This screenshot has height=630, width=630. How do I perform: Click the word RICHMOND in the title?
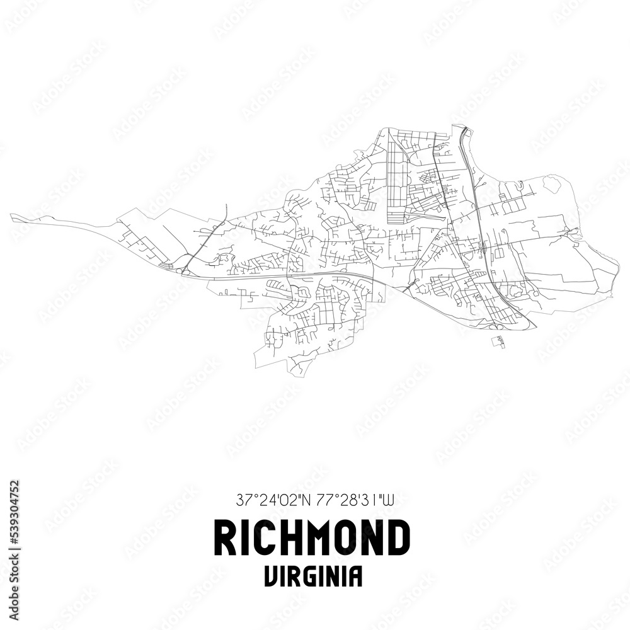312,538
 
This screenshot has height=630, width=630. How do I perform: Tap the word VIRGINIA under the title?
313,576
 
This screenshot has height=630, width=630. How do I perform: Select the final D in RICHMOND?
399,538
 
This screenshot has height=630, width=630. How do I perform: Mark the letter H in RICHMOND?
290,538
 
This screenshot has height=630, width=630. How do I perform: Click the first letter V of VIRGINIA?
270,576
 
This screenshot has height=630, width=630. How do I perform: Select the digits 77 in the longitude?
321,501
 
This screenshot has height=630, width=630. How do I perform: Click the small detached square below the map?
498,341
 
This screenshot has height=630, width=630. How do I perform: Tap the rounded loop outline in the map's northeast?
551,184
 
